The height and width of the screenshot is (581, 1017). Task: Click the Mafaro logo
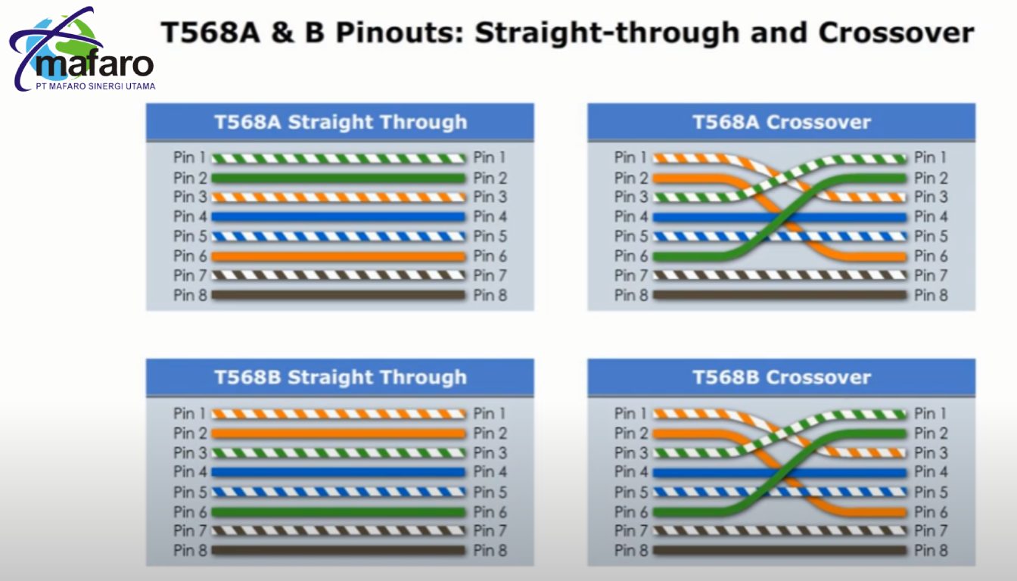(x=82, y=49)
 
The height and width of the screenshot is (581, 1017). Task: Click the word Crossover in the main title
(x=896, y=33)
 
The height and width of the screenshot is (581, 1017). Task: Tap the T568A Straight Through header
(x=340, y=122)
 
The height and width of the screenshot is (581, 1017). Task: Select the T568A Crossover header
(x=782, y=122)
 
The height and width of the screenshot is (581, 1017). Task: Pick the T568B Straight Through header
(x=340, y=377)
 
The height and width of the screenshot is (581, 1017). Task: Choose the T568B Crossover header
(x=782, y=377)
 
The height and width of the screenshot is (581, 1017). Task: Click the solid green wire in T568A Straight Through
(x=339, y=179)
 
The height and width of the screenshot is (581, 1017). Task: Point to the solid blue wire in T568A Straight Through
(x=339, y=217)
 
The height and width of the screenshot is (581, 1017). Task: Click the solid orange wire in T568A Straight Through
(x=339, y=256)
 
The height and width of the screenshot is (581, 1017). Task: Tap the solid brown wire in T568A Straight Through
(x=339, y=296)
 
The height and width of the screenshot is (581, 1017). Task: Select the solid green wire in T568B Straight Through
(x=339, y=512)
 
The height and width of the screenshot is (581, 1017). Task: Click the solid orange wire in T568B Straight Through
(x=339, y=433)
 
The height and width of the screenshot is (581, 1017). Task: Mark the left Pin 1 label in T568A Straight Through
(x=189, y=157)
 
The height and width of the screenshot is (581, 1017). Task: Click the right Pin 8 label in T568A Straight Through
(x=490, y=296)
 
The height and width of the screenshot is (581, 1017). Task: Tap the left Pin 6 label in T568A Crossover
(x=631, y=256)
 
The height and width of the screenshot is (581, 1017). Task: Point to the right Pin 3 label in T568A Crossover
(x=931, y=197)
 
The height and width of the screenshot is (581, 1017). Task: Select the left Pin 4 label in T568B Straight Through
(x=190, y=472)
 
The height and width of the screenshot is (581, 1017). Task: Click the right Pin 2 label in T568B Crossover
(x=931, y=433)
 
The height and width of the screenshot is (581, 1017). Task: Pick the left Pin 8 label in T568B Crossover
(x=631, y=551)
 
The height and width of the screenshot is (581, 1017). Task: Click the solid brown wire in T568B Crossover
(x=779, y=551)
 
